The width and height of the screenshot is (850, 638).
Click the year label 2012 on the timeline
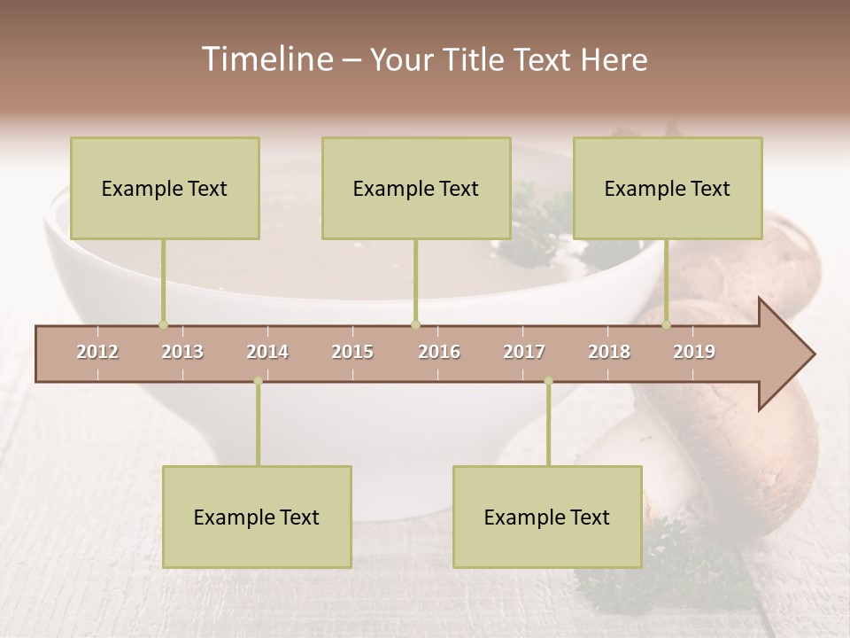[x=97, y=352]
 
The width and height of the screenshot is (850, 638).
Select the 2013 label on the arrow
[x=182, y=352]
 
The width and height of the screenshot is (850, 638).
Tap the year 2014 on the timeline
[x=267, y=352]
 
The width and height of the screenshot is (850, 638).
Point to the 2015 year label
[x=352, y=352]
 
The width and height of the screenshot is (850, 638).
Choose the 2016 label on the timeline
[x=439, y=352]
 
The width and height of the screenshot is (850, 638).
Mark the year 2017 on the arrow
[x=524, y=352]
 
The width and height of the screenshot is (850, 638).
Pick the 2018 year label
[x=609, y=352]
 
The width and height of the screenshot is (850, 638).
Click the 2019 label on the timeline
[x=694, y=352]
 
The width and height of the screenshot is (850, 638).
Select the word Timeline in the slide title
[x=266, y=59]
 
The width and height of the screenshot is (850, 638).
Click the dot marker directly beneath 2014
[x=258, y=381]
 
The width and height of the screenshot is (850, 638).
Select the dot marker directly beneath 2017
[x=548, y=381]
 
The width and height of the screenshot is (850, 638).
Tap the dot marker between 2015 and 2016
[x=415, y=324]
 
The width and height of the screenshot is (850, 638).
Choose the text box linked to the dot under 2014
[x=257, y=517]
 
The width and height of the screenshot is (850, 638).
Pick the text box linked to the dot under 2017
[x=547, y=517]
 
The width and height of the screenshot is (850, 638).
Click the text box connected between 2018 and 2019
[x=668, y=188]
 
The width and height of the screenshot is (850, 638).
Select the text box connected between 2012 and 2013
[x=165, y=188]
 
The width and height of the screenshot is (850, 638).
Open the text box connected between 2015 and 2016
[x=416, y=188]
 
